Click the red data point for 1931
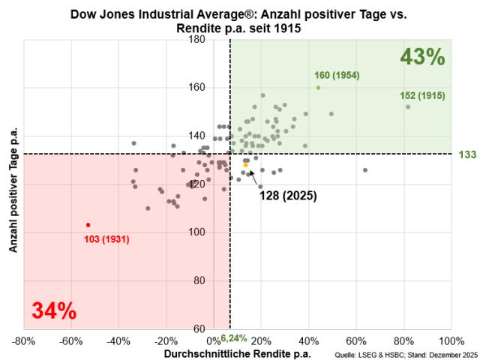click(88, 225)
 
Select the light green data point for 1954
click(318, 87)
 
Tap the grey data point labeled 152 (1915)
click(408, 106)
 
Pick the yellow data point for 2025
click(245, 165)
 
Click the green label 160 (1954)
click(337, 76)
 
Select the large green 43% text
click(422, 57)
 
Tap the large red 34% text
click(54, 310)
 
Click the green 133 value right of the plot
click(468, 154)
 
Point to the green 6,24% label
click(234, 338)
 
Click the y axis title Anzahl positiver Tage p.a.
click(12, 184)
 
